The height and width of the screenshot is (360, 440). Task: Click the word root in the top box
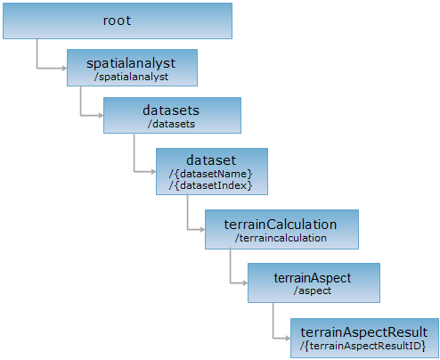click(x=117, y=20)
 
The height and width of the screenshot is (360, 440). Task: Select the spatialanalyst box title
click(x=131, y=63)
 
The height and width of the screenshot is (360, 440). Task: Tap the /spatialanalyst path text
click(x=131, y=77)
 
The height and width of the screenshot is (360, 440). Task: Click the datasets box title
click(x=171, y=110)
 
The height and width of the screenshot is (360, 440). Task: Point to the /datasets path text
click(x=171, y=124)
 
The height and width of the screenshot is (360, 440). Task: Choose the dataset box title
click(x=211, y=160)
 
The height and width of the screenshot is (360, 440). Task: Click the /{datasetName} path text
click(x=211, y=174)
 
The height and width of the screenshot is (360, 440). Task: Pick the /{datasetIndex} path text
click(x=211, y=185)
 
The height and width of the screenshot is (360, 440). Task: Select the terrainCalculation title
click(x=281, y=225)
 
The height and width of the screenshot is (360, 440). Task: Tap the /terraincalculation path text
click(x=281, y=238)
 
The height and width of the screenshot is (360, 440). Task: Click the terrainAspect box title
click(x=313, y=278)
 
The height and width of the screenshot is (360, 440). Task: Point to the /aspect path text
click(x=313, y=290)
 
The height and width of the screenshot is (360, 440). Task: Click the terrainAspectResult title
click(x=364, y=332)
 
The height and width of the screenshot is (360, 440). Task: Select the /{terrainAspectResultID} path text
click(x=363, y=346)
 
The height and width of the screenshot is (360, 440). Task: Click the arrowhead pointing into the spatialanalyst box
click(x=64, y=69)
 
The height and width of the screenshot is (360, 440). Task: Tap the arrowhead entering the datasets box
click(x=101, y=116)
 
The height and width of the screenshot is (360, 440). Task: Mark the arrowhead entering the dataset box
click(x=153, y=171)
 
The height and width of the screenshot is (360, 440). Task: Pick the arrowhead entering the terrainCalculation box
click(x=202, y=229)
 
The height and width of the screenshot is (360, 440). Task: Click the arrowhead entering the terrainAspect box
click(x=245, y=283)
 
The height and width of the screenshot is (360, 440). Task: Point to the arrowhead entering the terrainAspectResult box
click(x=288, y=338)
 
